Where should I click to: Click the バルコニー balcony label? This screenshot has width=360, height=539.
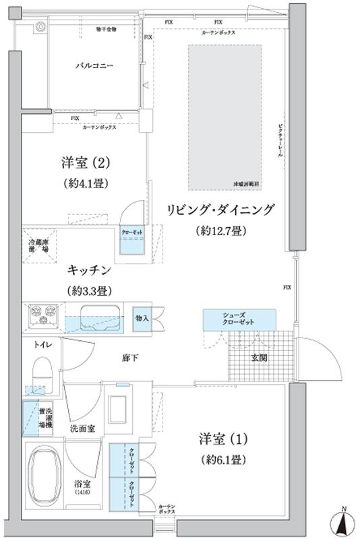[x=94, y=67]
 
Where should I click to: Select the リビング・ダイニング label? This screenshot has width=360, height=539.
[x=222, y=210]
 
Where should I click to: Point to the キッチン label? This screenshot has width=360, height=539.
[x=89, y=270]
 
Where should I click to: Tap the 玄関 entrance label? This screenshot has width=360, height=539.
[x=259, y=358]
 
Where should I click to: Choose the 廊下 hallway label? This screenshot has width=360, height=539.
[x=130, y=357]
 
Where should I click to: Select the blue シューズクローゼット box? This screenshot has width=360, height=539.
[x=239, y=319]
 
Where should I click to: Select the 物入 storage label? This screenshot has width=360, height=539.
[x=142, y=317]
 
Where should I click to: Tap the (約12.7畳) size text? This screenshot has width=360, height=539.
[x=221, y=231]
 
